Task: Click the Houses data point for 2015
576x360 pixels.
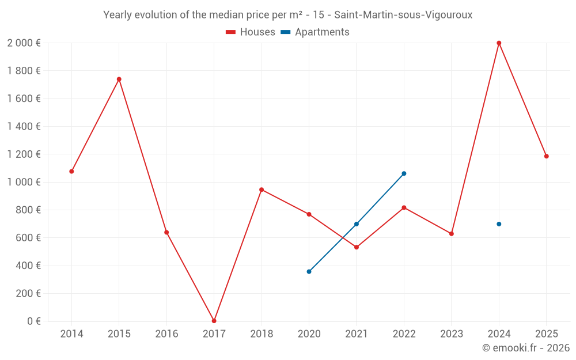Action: tap(119, 79)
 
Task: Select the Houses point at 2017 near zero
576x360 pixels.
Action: tap(214, 321)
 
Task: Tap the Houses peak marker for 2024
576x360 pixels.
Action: tap(499, 43)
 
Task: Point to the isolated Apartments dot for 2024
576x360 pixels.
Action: tap(499, 224)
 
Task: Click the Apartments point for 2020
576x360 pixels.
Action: tap(309, 271)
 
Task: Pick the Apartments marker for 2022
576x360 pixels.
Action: tap(404, 173)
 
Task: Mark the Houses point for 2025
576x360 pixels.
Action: tap(547, 156)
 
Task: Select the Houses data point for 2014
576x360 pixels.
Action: tap(71, 171)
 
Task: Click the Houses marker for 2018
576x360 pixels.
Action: tap(262, 190)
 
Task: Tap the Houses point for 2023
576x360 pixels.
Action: tap(452, 234)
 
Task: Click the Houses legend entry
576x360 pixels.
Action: tap(251, 32)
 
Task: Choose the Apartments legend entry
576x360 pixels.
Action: tap(316, 32)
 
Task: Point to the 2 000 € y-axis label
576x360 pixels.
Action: tap(24, 43)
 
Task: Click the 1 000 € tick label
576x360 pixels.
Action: tap(24, 182)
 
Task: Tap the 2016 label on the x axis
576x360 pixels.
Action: tap(166, 334)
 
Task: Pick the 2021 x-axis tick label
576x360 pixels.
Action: tap(357, 334)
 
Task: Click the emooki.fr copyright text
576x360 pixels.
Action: tap(526, 348)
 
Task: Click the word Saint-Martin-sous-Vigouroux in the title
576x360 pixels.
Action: tap(403, 15)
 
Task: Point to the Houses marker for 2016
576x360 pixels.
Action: tap(166, 232)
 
